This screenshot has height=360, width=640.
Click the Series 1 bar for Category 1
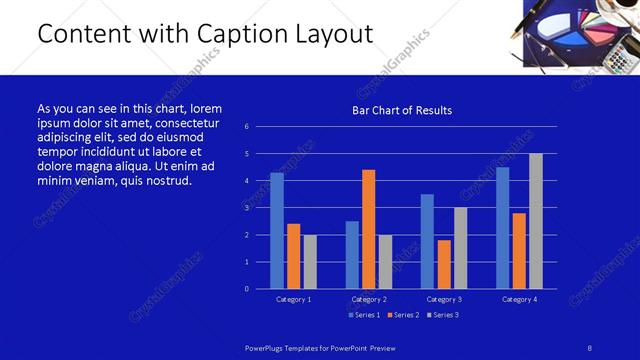pyautogui.click(x=277, y=230)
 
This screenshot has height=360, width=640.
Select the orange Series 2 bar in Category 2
pyautogui.click(x=368, y=229)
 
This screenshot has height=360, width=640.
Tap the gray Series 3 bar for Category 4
pyautogui.click(x=536, y=221)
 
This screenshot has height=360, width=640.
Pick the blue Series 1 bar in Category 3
pyautogui.click(x=427, y=241)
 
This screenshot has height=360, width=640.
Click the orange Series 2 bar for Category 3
pyautogui.click(x=444, y=264)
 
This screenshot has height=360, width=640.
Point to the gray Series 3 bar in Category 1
pyautogui.click(x=310, y=261)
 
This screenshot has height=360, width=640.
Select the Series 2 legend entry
pyautogui.click(x=402, y=315)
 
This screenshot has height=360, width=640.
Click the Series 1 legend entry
pyautogui.click(x=364, y=315)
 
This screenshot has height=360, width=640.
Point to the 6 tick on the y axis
pyautogui.click(x=260, y=127)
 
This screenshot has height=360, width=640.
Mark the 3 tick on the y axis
pyautogui.click(x=260, y=208)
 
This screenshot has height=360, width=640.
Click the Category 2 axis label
pyautogui.click(x=368, y=299)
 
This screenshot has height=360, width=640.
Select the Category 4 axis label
pyautogui.click(x=519, y=299)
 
